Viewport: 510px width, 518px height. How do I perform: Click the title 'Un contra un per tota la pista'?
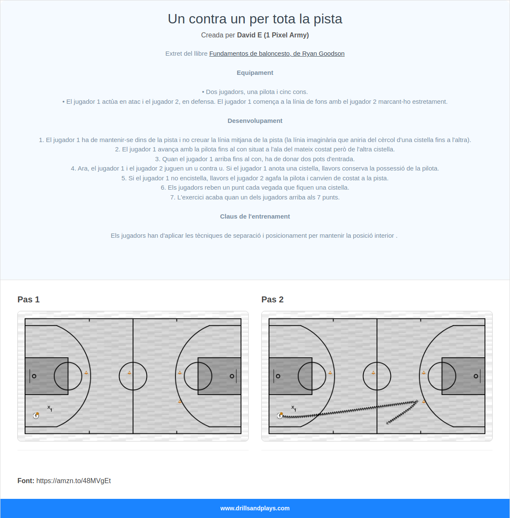tap(255, 19)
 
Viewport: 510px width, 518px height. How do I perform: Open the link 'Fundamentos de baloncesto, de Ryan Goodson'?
tap(277, 54)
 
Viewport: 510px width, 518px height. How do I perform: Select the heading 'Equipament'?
tap(255, 73)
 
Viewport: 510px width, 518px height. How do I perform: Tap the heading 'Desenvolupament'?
tap(255, 121)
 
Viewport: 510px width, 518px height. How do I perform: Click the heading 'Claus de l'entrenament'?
tap(255, 216)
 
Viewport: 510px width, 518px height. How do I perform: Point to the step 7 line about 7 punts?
tap(255, 197)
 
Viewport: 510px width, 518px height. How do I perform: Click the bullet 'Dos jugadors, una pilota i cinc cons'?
tap(255, 92)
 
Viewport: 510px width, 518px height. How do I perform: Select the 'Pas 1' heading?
tap(28, 299)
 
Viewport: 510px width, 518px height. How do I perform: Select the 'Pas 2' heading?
tap(272, 299)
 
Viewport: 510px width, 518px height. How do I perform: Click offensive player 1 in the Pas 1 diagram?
tap(36, 416)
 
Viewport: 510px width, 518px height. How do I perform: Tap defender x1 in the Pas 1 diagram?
tap(50, 408)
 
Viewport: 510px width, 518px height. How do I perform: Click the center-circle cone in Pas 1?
tap(130, 373)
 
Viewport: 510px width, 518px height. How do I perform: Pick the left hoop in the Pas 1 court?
tap(34, 376)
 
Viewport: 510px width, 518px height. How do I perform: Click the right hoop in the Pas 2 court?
tap(476, 376)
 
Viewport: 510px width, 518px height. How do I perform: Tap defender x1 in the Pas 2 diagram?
tap(294, 408)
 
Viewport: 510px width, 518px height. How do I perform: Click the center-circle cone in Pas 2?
tap(374, 373)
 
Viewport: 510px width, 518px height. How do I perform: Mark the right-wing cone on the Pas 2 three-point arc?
tap(424, 401)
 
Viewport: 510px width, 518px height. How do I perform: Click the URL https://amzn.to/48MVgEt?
tap(74, 481)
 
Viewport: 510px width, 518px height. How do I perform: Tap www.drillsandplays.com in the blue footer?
tap(255, 508)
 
